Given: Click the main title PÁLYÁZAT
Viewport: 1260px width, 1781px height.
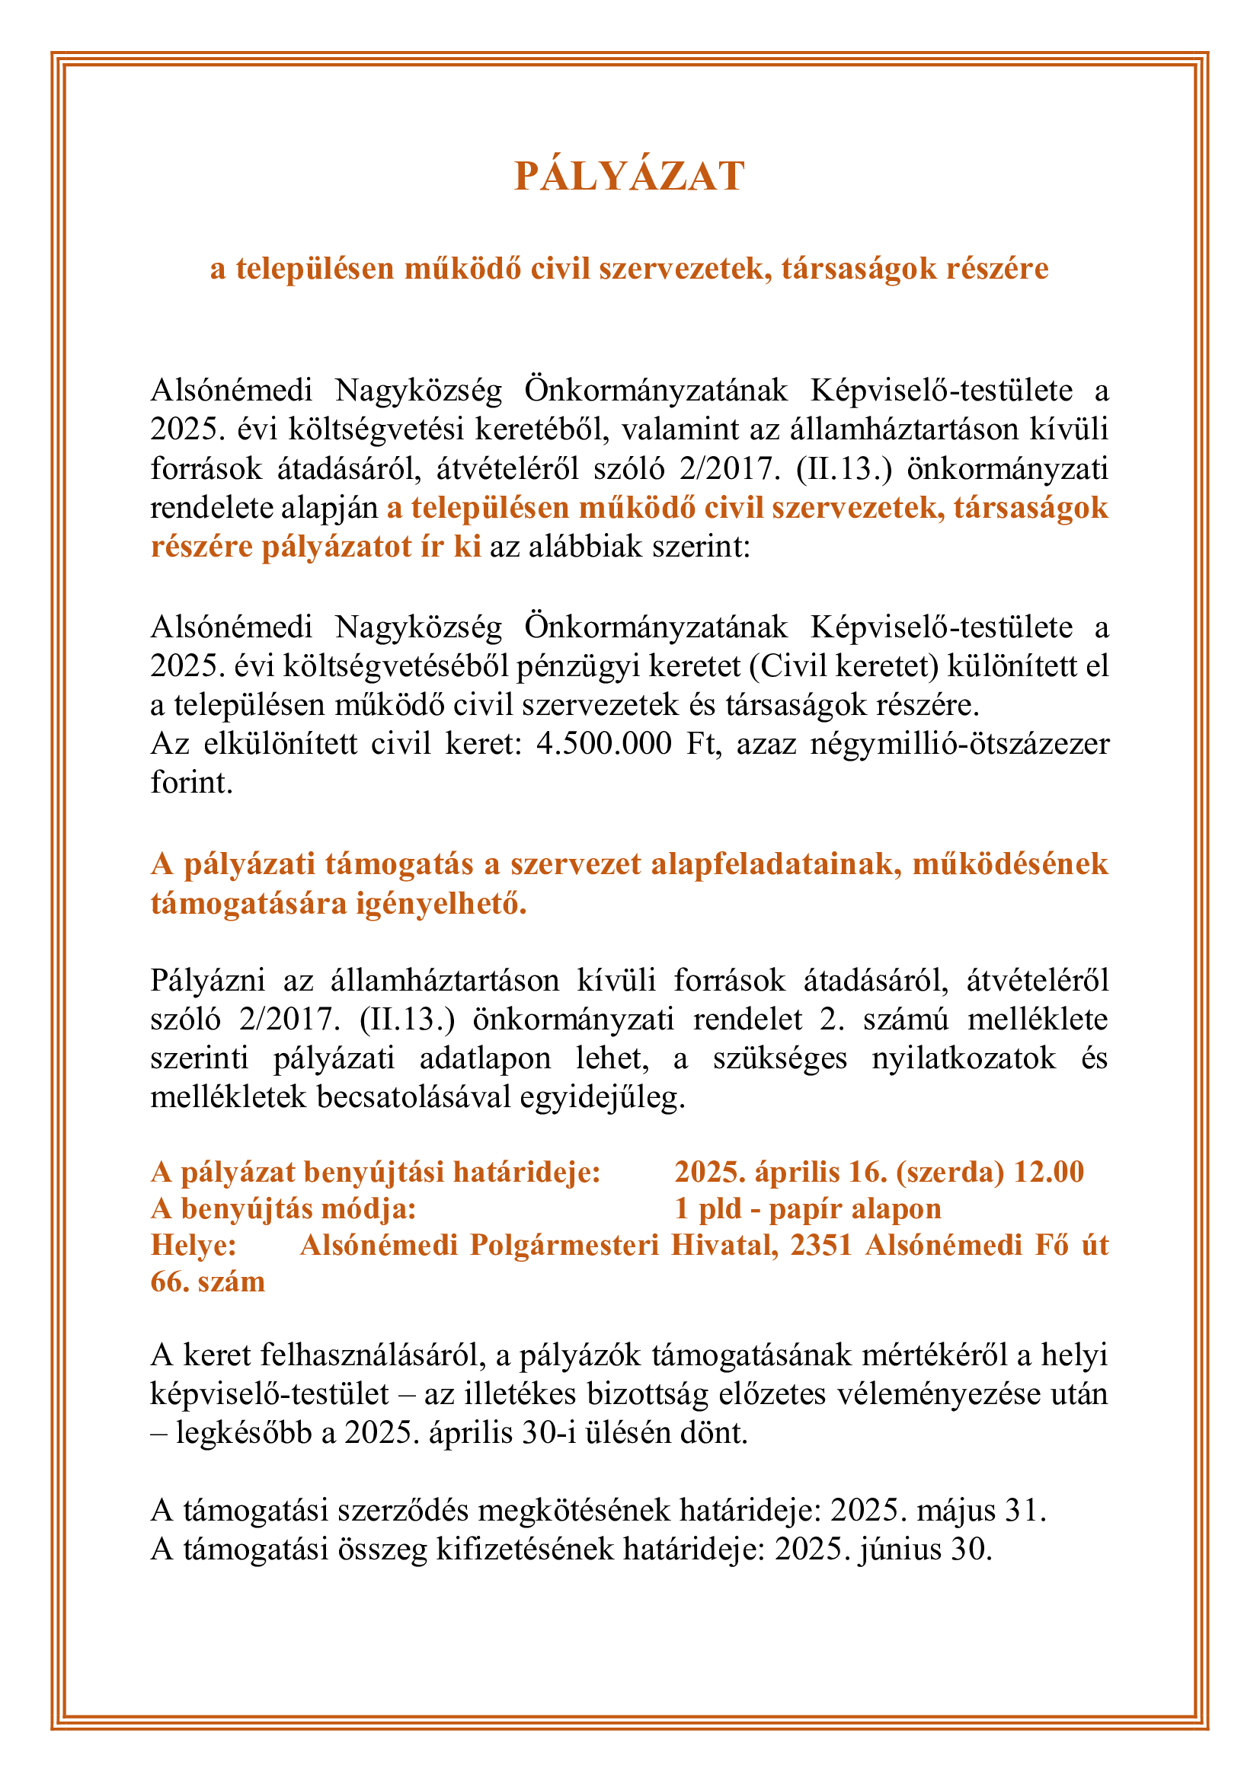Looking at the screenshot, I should click(x=629, y=176).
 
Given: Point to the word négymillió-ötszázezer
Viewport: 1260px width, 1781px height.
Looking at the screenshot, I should click(x=959, y=744).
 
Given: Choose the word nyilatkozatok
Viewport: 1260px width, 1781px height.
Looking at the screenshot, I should click(x=964, y=1058).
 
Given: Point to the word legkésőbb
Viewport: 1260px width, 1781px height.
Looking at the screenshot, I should click(x=244, y=1433).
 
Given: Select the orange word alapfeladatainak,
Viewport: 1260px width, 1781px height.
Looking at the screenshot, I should click(x=776, y=864).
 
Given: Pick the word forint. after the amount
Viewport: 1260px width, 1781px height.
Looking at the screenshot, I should click(x=192, y=783).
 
